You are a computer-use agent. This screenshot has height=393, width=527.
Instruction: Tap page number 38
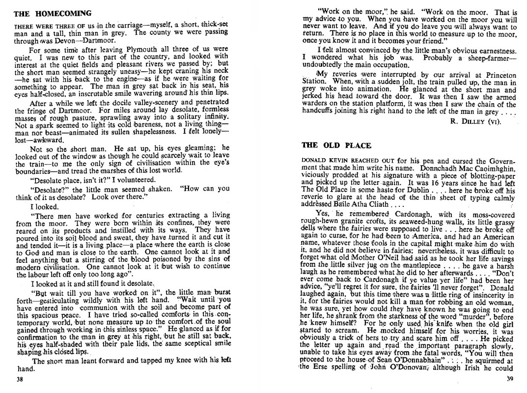click(x=19, y=379)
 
